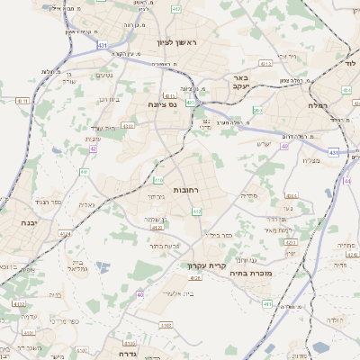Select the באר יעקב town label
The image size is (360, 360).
pyautogui.click(x=240, y=84)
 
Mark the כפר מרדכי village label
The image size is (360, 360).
pyautogui.click(x=63, y=321)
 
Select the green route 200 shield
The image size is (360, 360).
pyautogui.click(x=257, y=111)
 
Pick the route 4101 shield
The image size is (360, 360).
pyautogui.click(x=20, y=304)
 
